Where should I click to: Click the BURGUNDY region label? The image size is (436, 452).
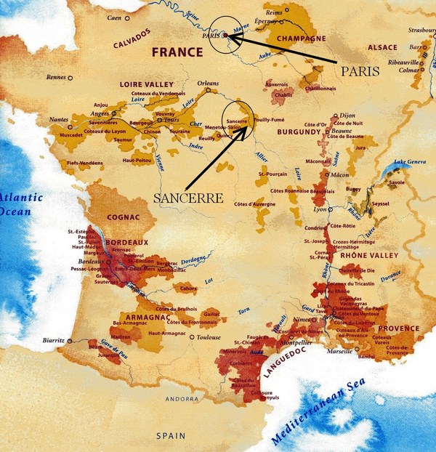tap(298, 132)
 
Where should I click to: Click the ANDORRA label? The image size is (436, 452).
tap(180, 399)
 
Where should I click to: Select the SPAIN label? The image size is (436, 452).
tap(171, 436)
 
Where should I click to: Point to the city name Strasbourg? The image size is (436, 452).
tap(420, 31)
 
